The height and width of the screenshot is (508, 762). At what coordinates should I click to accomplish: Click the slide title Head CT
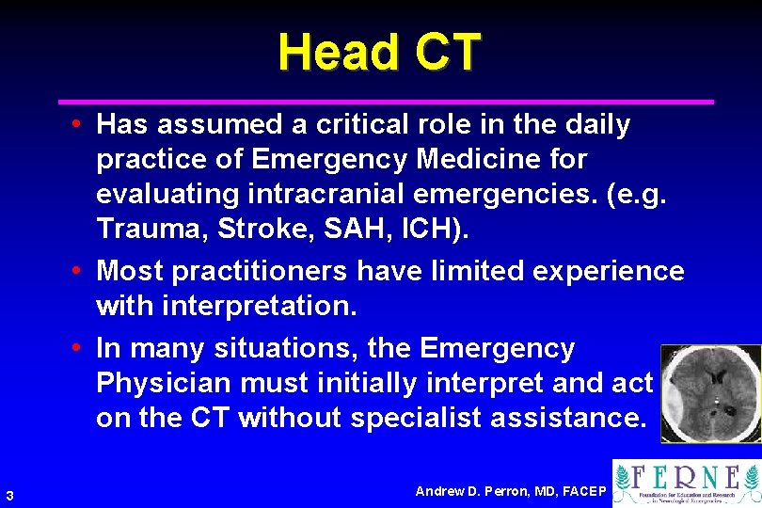tap(379, 52)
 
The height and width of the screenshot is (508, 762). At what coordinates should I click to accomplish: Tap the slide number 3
tap(8, 496)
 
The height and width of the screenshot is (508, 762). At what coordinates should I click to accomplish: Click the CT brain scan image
tap(709, 393)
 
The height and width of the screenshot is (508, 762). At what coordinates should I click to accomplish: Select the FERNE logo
tap(687, 483)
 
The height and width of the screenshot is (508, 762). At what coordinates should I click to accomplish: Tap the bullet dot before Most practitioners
tap(84, 272)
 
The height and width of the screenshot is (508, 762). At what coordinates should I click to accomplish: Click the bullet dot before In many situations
tap(84, 349)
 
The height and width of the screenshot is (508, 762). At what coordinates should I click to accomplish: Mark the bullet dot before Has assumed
tap(84, 125)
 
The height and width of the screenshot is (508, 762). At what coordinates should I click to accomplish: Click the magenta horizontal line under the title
tap(386, 101)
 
